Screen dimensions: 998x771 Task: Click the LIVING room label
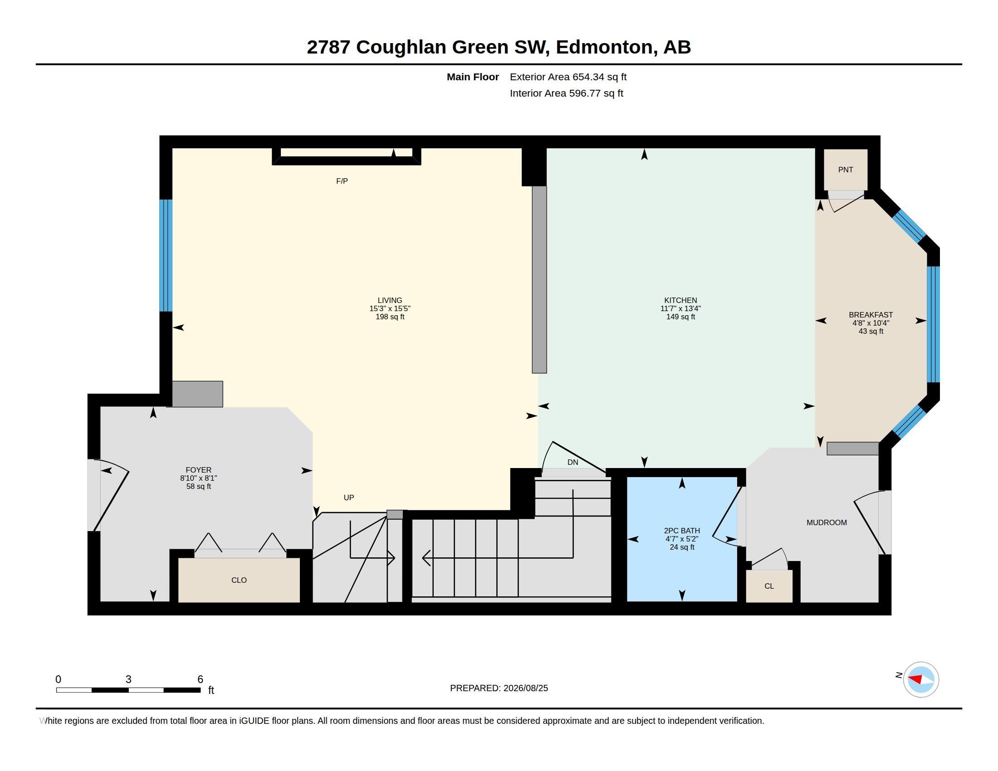coord(390,300)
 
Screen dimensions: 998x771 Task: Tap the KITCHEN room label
coord(680,300)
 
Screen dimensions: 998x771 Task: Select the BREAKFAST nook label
coord(871,315)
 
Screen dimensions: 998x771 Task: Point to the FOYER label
coord(198,469)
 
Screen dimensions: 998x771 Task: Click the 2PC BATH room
coord(682,539)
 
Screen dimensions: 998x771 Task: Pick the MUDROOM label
coord(827,522)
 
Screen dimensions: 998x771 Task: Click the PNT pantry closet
coord(846,170)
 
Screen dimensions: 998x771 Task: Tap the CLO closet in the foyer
coord(239,580)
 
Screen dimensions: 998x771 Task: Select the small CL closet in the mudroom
coord(769,586)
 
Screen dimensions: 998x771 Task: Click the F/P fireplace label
coord(342,181)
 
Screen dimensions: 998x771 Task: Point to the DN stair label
coord(572,462)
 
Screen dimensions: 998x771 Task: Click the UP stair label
coord(349,498)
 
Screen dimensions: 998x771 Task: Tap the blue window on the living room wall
coord(166,255)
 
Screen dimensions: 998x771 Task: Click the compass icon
coord(921,679)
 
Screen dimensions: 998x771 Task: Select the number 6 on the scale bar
coord(200,679)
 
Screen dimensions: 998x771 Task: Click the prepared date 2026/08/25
coord(525,688)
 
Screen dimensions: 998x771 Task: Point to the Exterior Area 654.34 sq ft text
coord(568,77)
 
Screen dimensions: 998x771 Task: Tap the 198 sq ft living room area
coord(390,317)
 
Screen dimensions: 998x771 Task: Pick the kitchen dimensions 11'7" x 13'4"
coord(680,308)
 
